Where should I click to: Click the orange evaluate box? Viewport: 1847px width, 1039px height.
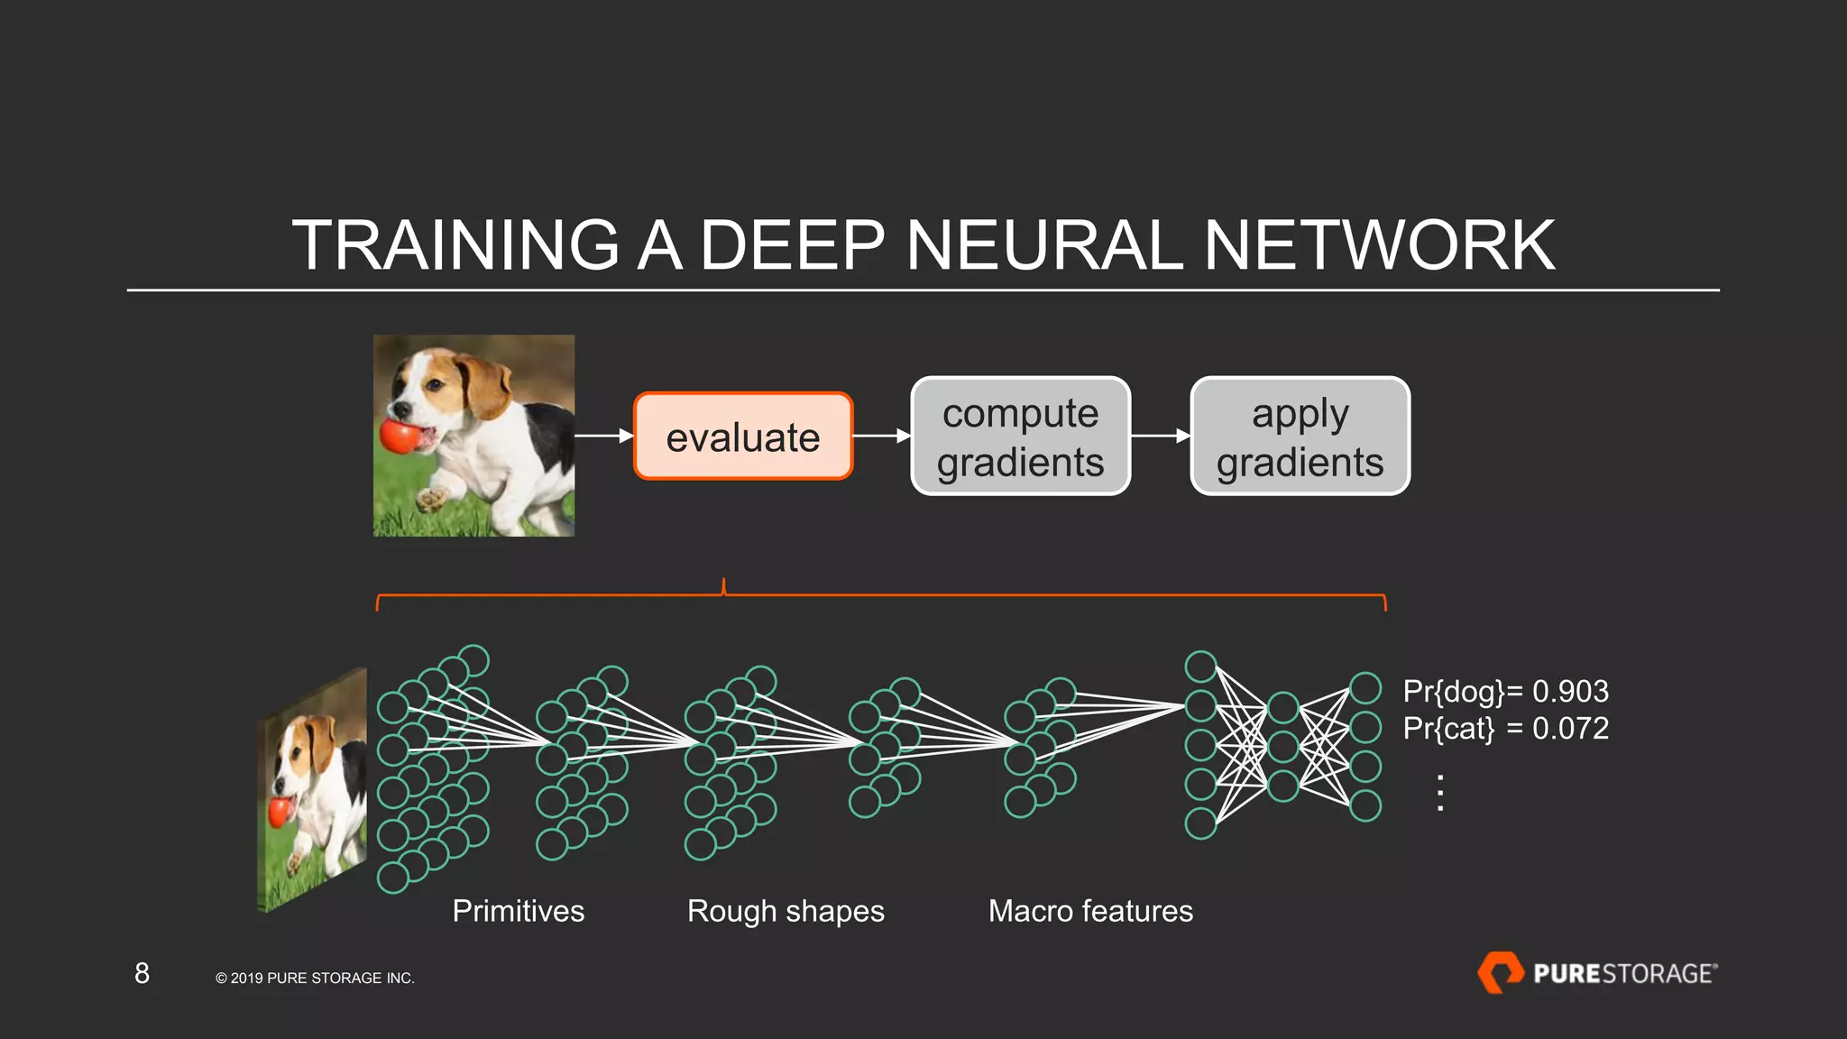[x=742, y=437]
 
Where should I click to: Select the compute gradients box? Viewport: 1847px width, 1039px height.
[x=1020, y=437]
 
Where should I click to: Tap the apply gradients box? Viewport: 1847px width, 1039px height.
[x=1300, y=437]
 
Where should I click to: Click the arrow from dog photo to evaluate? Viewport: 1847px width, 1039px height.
[x=603, y=437]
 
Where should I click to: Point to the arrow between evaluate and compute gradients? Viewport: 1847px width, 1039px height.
[x=881, y=437]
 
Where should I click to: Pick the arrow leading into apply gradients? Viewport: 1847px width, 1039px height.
[x=1160, y=437]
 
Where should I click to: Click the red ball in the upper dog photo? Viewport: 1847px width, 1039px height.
[x=399, y=437]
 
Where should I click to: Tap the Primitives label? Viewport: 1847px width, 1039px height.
[x=518, y=911]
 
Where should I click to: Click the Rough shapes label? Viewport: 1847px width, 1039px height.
[x=786, y=911]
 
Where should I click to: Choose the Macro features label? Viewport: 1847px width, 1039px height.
[x=1089, y=911]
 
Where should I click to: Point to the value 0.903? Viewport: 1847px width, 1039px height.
[x=1570, y=692]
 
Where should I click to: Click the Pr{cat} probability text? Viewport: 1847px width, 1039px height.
[x=1447, y=729]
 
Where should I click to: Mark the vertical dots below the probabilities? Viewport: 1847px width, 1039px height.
[x=1440, y=793]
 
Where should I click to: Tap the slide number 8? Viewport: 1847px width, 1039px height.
[x=142, y=973]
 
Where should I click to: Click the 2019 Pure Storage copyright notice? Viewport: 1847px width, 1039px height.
[x=315, y=979]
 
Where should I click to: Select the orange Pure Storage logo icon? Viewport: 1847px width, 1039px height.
[x=1500, y=972]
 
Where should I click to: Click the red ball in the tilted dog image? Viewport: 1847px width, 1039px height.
[x=280, y=812]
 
